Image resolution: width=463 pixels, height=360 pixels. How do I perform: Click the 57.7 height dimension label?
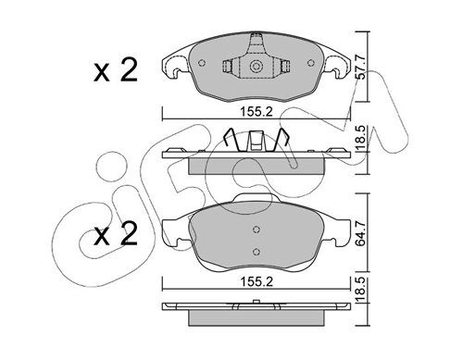click(361, 68)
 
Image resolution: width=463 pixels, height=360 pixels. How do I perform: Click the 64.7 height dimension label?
click(361, 233)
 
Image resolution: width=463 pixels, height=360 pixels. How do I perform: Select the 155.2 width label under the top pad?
click(257, 111)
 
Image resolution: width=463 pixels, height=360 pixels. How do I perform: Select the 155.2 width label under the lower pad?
click(257, 281)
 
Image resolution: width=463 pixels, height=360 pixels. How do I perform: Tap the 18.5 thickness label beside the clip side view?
click(361, 138)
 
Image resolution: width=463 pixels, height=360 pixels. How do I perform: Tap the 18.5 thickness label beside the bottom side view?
click(361, 290)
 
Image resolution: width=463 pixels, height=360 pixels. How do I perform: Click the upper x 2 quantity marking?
click(116, 70)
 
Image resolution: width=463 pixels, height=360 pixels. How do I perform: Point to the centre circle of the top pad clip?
click(256, 67)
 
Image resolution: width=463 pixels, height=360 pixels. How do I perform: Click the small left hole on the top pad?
click(202, 63)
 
